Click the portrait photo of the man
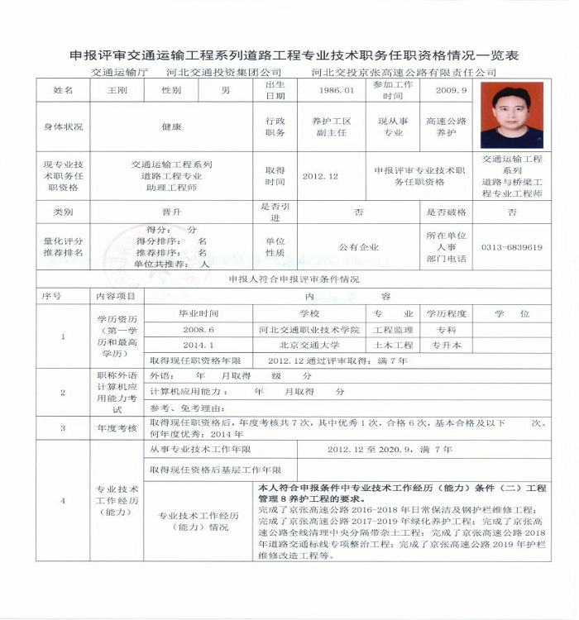511,114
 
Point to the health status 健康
172,127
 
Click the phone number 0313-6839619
512,246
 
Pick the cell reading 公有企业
358,246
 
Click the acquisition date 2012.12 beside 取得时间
320,176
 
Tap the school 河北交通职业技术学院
309,329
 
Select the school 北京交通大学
309,345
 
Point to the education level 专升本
447,345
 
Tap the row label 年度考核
117,428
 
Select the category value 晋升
172,212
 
